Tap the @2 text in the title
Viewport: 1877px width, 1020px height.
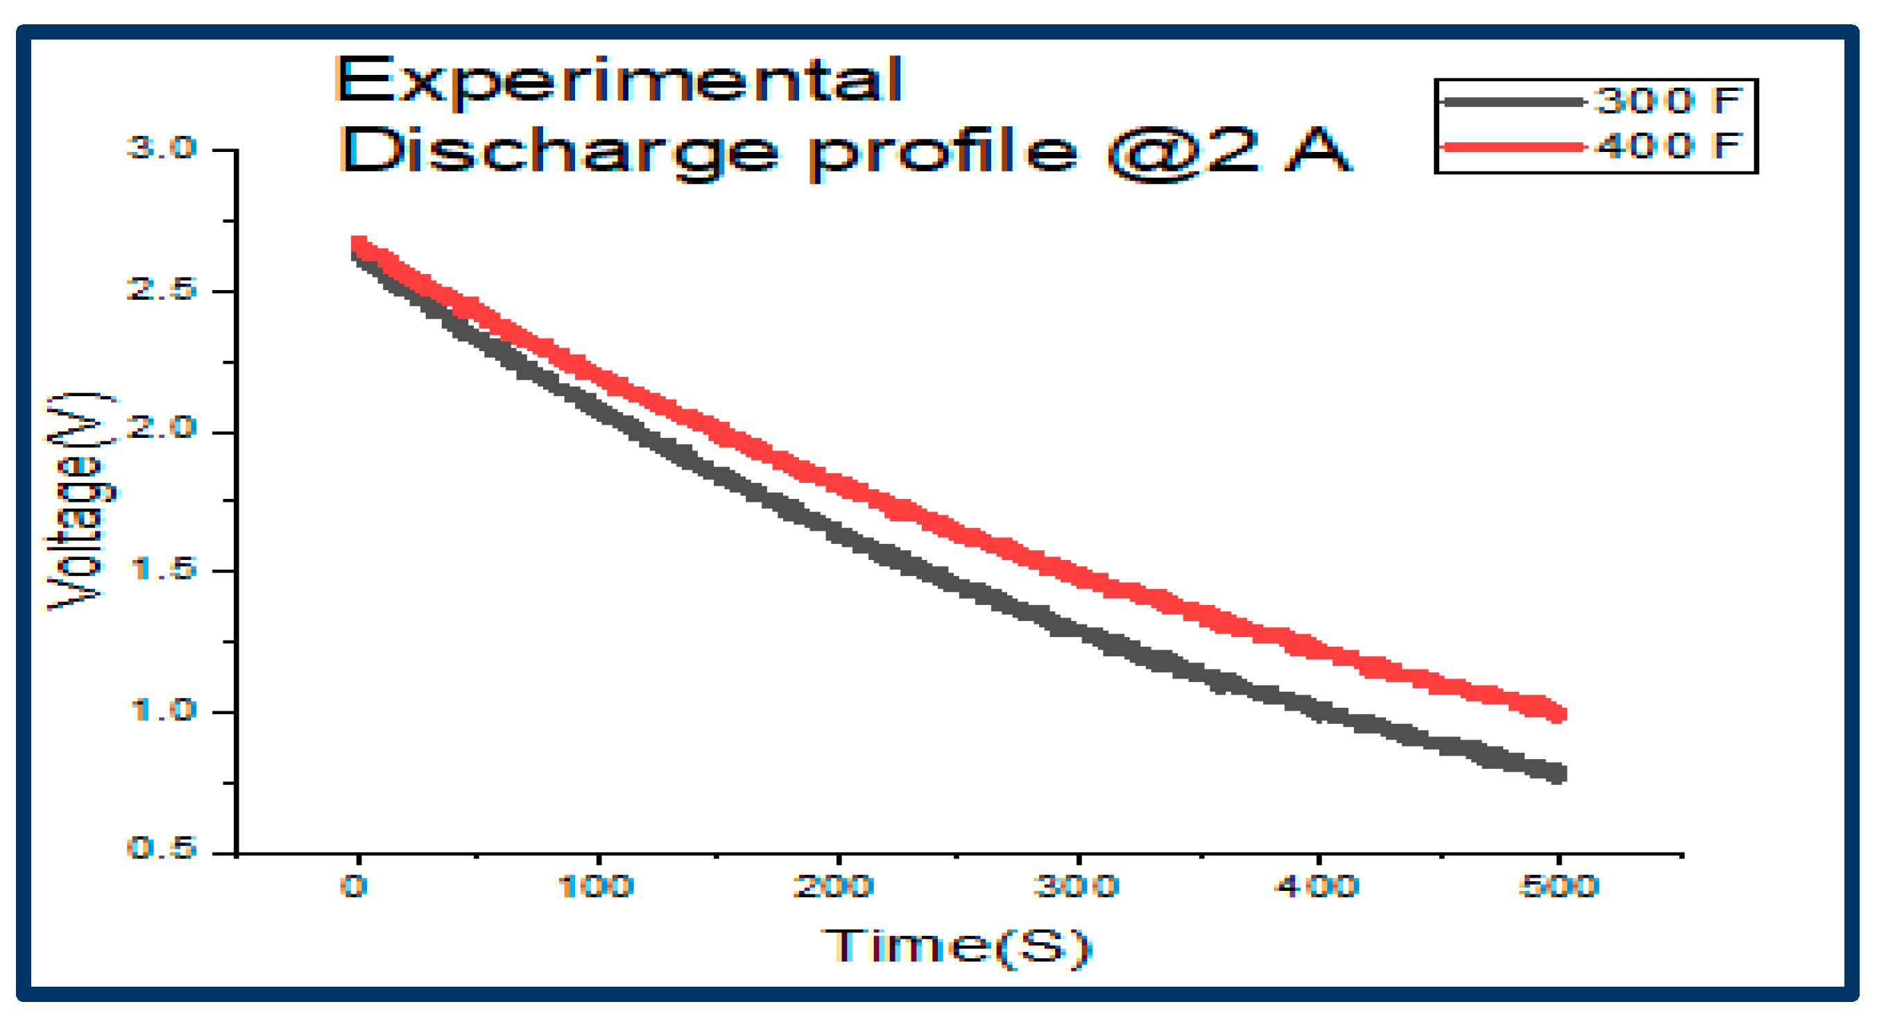(x=1183, y=152)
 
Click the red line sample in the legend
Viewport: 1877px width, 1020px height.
(x=1513, y=147)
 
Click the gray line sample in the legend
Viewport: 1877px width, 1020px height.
(x=1513, y=102)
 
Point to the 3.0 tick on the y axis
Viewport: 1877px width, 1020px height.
(x=162, y=148)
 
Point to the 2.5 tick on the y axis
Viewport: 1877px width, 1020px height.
(x=162, y=289)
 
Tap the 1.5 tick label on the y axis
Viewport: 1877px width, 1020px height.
(x=162, y=570)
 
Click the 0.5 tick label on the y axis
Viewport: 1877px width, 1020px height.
(x=162, y=848)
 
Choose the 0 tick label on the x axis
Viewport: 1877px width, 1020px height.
(x=354, y=887)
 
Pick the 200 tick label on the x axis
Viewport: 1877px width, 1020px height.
(x=834, y=887)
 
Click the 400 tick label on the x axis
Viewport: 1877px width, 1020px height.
(x=1316, y=887)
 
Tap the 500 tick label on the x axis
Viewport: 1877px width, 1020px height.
(x=1558, y=887)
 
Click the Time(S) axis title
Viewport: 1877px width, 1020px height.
(x=956, y=946)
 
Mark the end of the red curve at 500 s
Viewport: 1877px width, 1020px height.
(x=1557, y=713)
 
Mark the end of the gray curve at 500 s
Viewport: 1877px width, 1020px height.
(x=1557, y=773)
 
